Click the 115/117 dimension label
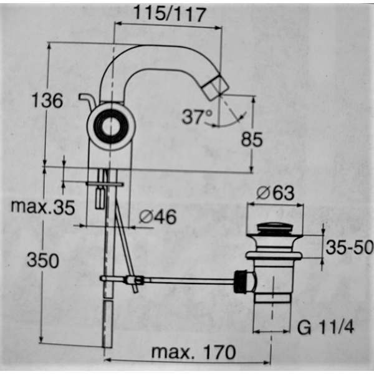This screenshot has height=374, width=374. click(169, 14)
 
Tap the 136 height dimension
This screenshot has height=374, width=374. click(47, 100)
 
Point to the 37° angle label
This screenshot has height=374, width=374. click(197, 117)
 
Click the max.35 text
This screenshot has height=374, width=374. click(42, 206)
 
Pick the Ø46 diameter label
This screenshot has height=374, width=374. click(158, 216)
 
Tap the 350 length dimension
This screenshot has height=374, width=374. click(42, 260)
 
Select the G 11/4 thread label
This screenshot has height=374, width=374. click(326, 327)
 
